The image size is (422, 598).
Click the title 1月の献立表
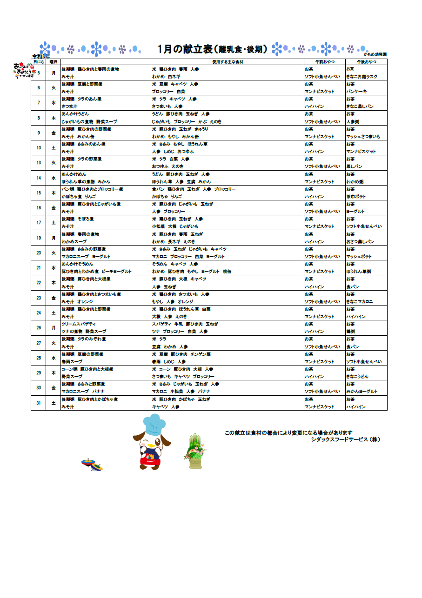tap(185, 49)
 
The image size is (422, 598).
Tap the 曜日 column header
tap(53, 61)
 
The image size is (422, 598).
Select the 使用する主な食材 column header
tap(228, 61)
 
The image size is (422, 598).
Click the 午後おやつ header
tap(366, 61)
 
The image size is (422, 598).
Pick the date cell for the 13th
tap(39, 163)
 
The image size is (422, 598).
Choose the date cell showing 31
tap(39, 403)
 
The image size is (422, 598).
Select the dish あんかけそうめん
tap(77, 264)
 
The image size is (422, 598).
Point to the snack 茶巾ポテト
tap(356, 197)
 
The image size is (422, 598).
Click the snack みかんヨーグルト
tap(362, 392)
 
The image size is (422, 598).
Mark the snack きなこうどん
tap(358, 377)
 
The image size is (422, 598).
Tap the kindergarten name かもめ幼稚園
tap(375, 55)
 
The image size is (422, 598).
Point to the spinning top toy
tap(92, 464)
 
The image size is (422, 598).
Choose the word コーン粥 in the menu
tap(69, 369)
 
